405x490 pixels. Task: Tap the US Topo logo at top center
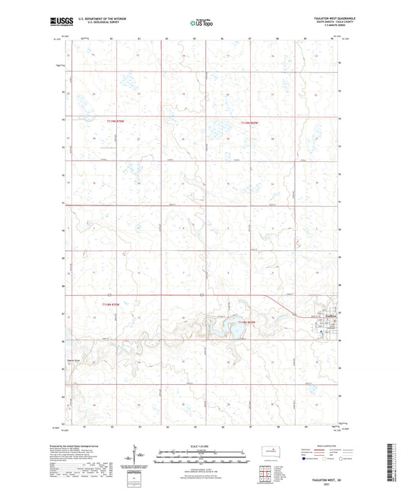tap(201, 24)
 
